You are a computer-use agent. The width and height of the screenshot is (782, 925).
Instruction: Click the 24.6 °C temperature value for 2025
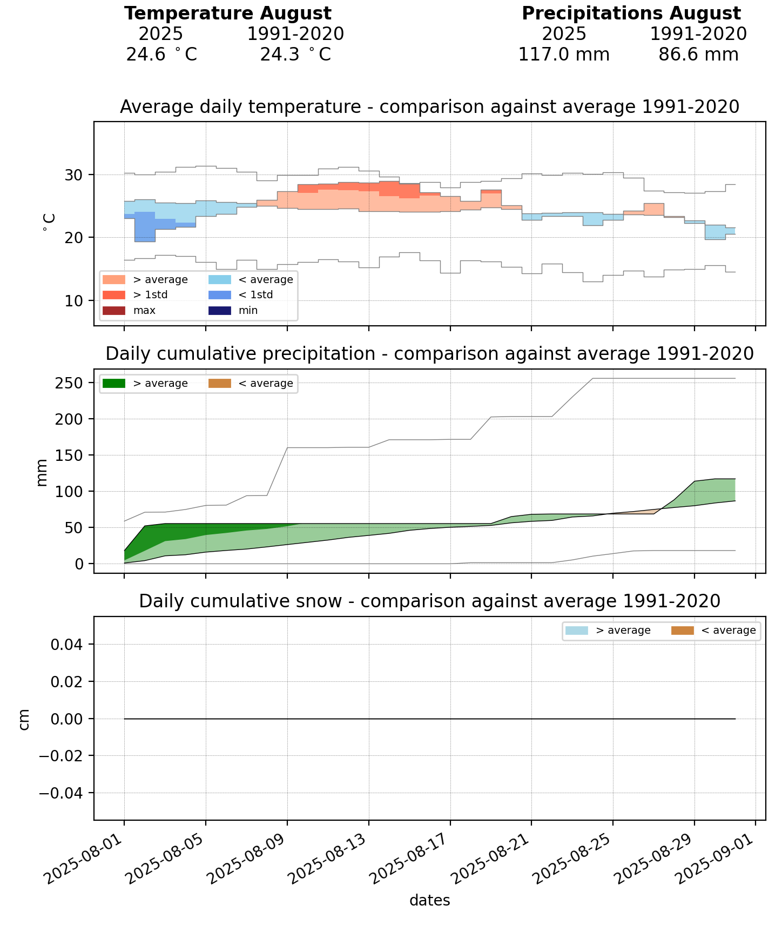(161, 55)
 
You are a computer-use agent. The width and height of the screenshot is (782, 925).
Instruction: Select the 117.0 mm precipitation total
(564, 55)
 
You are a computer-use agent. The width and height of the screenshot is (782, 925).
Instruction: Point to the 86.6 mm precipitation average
(698, 55)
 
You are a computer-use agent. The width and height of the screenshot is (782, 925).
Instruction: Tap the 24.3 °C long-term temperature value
(295, 55)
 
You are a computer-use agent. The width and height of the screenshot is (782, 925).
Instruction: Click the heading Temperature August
(228, 14)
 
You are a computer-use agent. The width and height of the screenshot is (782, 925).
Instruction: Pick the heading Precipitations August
(631, 14)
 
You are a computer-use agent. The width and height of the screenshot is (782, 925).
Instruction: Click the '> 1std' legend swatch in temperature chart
(113, 295)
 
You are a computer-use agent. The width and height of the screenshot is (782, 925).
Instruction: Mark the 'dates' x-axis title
(429, 900)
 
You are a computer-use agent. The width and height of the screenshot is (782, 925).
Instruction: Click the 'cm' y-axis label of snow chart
(24, 719)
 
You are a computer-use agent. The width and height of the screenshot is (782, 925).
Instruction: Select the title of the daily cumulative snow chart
(429, 601)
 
